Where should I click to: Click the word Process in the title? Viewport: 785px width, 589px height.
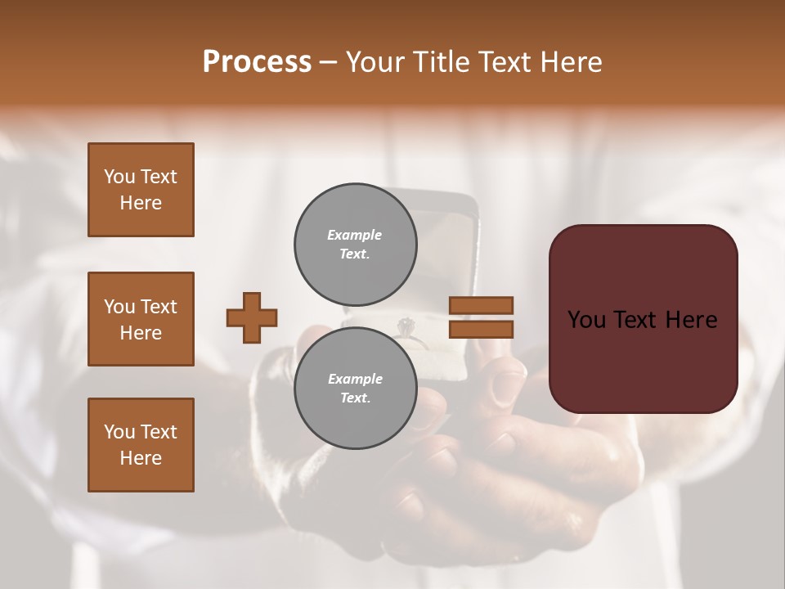(257, 62)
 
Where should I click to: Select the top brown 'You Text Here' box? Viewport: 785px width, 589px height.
(141, 190)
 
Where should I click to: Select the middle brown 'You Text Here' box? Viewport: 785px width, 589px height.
(141, 319)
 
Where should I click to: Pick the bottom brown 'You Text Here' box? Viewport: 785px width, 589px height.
(141, 445)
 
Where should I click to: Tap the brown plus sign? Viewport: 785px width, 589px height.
(252, 317)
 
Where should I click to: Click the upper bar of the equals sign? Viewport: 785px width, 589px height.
(482, 306)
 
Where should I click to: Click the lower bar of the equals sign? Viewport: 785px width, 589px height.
(482, 329)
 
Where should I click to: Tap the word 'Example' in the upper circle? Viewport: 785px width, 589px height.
(354, 235)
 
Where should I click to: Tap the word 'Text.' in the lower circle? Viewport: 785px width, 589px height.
(355, 398)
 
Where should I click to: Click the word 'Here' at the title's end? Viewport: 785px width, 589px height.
(571, 62)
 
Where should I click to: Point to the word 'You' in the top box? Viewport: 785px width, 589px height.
(119, 177)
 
